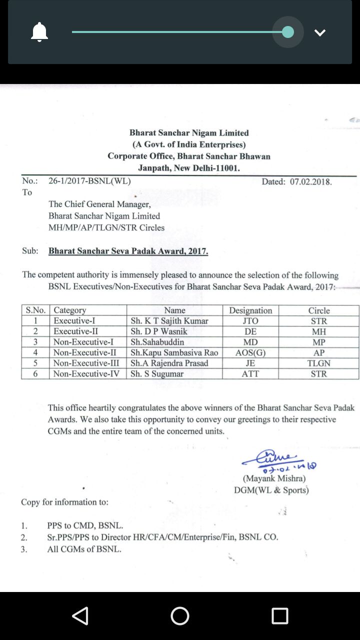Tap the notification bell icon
click(39, 32)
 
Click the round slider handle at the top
click(288, 32)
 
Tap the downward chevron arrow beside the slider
click(320, 32)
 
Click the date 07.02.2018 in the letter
click(310, 181)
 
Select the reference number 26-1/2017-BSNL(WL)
click(89, 181)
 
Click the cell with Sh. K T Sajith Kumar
click(169, 321)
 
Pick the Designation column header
click(250, 310)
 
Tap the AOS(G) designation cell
click(250, 352)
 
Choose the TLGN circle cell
click(318, 363)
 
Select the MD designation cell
click(250, 342)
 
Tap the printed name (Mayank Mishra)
click(274, 478)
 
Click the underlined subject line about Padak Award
click(128, 251)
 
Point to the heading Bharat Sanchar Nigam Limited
click(189, 133)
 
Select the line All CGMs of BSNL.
click(84, 549)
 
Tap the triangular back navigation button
click(80, 616)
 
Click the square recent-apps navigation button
click(280, 616)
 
